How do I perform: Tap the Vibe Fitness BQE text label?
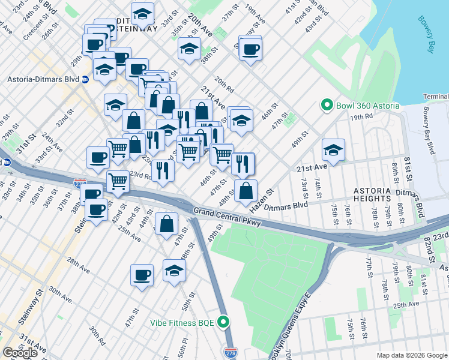point(182,323)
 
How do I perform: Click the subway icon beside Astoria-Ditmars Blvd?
point(86,79)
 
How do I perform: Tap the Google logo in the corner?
point(20,353)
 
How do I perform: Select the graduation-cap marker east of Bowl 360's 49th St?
point(333,149)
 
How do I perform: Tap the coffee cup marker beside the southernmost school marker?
point(142,274)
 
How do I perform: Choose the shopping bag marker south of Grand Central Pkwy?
point(166,224)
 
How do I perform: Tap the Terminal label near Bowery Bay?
point(435,97)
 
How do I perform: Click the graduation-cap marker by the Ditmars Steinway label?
point(142,13)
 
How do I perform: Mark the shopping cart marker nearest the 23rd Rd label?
point(118,180)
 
